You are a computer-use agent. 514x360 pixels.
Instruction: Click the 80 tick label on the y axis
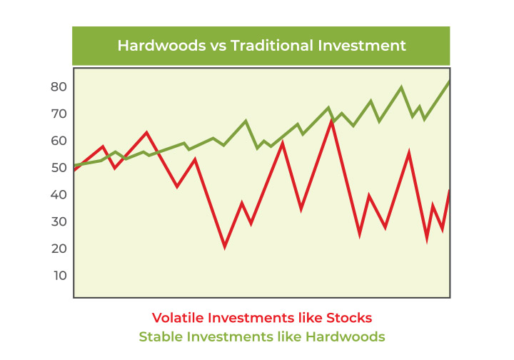59,87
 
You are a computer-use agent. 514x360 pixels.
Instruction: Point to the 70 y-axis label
59,114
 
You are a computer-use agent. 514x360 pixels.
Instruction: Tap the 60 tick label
59,141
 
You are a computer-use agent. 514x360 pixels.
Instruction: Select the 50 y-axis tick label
59,168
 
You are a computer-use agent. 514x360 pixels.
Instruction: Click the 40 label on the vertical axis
59,195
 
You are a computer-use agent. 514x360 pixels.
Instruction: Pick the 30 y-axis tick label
59,221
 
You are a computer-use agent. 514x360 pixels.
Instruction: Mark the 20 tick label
59,249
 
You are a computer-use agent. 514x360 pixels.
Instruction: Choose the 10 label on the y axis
60,276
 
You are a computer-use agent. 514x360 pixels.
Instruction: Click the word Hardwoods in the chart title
161,45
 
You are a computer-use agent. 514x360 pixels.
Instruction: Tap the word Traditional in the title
272,45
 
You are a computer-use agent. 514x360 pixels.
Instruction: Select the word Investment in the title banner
362,45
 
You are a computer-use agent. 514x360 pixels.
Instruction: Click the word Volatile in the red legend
177,318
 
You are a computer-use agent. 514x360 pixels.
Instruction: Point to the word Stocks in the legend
349,318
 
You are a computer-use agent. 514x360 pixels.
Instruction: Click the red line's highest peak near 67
332,121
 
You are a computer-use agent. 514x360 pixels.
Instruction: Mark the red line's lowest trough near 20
225,248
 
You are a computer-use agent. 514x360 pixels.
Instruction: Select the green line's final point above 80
448,81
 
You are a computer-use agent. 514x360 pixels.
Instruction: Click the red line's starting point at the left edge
75,170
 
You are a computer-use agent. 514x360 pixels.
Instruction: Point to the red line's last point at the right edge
448,191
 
